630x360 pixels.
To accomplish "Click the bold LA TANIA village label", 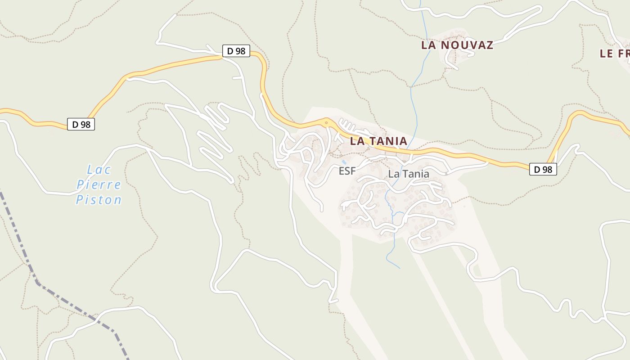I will (x=378, y=141).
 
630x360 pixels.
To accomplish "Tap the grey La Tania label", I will (x=409, y=174).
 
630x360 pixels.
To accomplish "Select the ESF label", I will (x=347, y=171).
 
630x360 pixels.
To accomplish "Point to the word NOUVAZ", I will (x=467, y=45).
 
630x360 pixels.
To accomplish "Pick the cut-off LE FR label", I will (x=615, y=54).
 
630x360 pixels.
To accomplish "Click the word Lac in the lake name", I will (x=99, y=170).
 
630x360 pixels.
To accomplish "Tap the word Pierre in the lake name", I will (x=99, y=184).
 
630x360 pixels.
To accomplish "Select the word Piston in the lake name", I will (x=99, y=199).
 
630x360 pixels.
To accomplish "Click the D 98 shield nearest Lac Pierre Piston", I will (x=81, y=124).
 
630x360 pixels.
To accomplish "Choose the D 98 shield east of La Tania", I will (x=543, y=169).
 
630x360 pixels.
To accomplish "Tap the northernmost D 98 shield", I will (x=236, y=51).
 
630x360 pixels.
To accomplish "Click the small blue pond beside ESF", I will (x=344, y=162).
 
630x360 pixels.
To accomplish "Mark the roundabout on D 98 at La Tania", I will (x=327, y=121).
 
